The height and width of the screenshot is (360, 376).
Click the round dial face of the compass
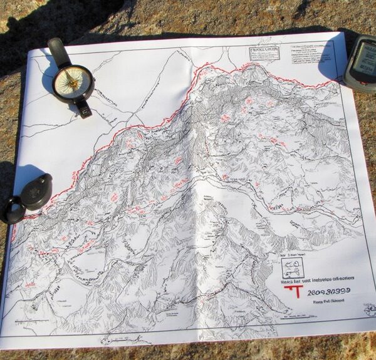(73, 81)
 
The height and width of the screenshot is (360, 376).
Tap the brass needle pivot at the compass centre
(73, 81)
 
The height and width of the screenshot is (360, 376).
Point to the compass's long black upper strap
(58, 52)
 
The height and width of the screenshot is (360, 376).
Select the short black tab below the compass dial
(84, 108)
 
